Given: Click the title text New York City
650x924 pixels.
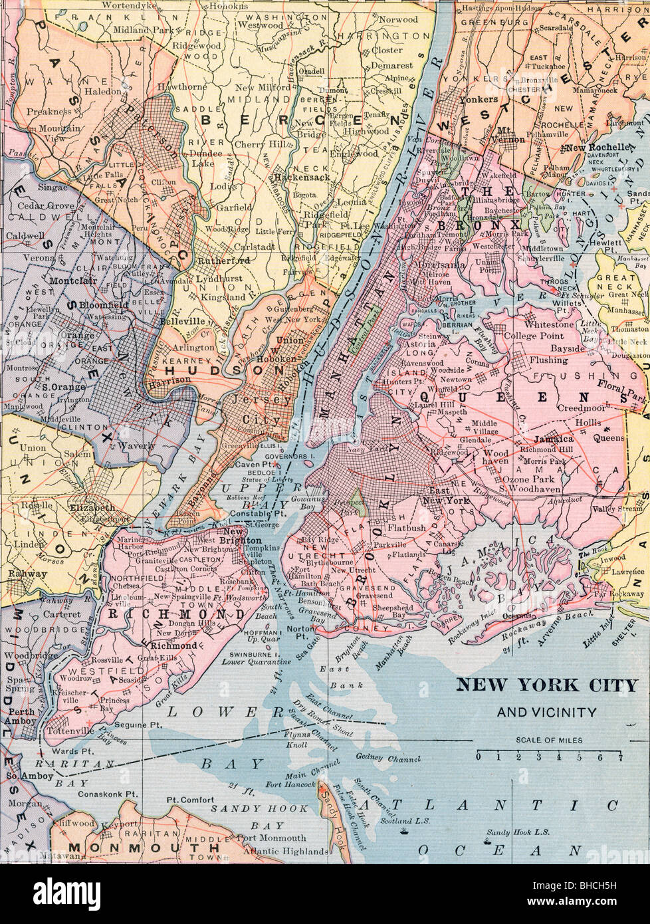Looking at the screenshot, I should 546,685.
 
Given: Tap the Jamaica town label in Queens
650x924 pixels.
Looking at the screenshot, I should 554,439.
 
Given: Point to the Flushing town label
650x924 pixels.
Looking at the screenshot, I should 548,360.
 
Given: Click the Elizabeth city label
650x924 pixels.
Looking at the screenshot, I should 87,507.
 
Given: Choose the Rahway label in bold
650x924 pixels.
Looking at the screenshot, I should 27,573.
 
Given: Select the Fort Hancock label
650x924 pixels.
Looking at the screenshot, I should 290,784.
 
